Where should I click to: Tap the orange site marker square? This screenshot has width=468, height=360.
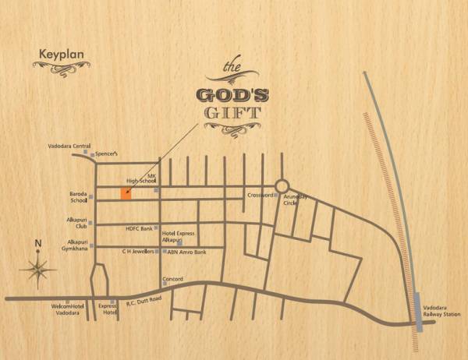click(126, 194)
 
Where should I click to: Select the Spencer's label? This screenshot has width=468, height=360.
click(107, 154)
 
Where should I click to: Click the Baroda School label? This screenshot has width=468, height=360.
click(78, 197)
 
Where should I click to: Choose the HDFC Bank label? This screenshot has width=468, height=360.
click(140, 229)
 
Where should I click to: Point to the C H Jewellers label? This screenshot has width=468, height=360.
click(137, 252)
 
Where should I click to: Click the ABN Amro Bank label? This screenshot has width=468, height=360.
click(186, 252)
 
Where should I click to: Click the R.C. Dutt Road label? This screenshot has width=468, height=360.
click(140, 299)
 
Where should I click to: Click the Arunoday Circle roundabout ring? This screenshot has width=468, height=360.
click(282, 186)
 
